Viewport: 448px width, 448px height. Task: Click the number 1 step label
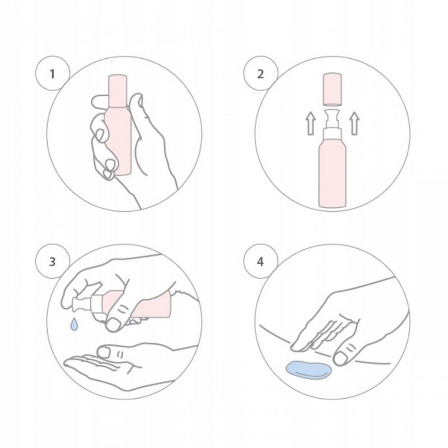click(52, 74)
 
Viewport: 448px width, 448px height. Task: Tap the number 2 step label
click(260, 74)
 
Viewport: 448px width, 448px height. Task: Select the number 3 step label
click(52, 262)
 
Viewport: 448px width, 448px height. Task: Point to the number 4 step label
click(260, 262)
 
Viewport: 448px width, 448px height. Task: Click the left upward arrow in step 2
click(311, 123)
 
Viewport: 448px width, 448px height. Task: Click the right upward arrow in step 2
click(354, 123)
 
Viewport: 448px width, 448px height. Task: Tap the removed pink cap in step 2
click(332, 90)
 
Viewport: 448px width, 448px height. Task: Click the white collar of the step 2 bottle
click(332, 134)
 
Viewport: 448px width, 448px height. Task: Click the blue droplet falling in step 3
click(74, 324)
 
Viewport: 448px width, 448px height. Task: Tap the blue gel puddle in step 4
click(309, 370)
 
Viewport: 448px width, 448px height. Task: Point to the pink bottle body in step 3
click(134, 305)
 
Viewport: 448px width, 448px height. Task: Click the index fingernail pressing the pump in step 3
click(113, 325)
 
